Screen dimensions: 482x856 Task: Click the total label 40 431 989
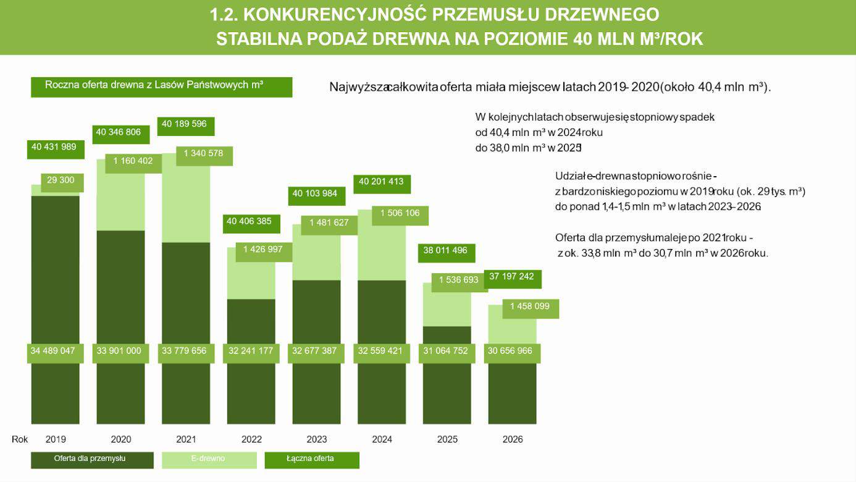coord(55,147)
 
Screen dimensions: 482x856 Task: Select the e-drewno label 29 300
coord(61,180)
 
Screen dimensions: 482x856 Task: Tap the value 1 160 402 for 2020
coord(133,161)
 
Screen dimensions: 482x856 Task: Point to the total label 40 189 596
coord(185,124)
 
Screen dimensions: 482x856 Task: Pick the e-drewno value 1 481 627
coord(329,223)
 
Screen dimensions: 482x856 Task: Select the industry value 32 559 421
coord(381,351)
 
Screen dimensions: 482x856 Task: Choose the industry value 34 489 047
coord(53,351)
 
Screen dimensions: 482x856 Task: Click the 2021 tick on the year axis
coord(186,440)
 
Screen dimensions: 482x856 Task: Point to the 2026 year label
coord(513,440)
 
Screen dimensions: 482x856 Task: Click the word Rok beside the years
coord(20,439)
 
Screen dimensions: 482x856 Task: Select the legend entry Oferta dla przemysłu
coord(92,459)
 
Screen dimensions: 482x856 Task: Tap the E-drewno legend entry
coord(209,459)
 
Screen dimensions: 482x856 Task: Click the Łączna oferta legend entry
coord(311,459)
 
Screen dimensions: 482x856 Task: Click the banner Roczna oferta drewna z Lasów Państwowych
coord(161,86)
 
